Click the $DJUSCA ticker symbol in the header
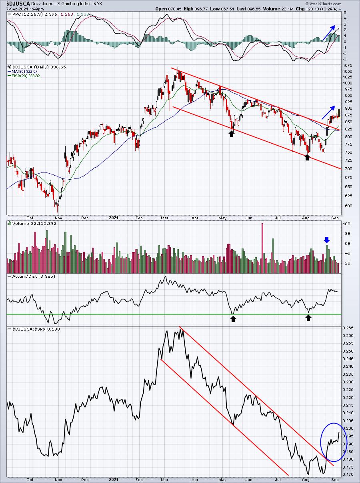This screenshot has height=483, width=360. click(18, 4)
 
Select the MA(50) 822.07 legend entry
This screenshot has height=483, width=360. click(23, 72)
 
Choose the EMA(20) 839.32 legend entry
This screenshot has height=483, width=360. click(24, 76)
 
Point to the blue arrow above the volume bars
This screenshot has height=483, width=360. click(327, 240)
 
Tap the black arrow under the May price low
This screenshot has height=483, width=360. click(231, 134)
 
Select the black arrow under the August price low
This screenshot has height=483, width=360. click(307, 157)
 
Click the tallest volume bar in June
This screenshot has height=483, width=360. click(262, 248)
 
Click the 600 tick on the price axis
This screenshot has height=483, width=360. click(346, 206)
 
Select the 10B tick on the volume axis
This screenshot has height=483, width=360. click(346, 224)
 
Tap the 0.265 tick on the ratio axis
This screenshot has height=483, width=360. click(348, 328)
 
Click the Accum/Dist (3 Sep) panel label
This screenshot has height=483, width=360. click(34, 277)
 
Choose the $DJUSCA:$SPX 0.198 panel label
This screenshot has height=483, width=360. click(36, 329)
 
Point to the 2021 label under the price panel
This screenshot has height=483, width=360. click(114, 218)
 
